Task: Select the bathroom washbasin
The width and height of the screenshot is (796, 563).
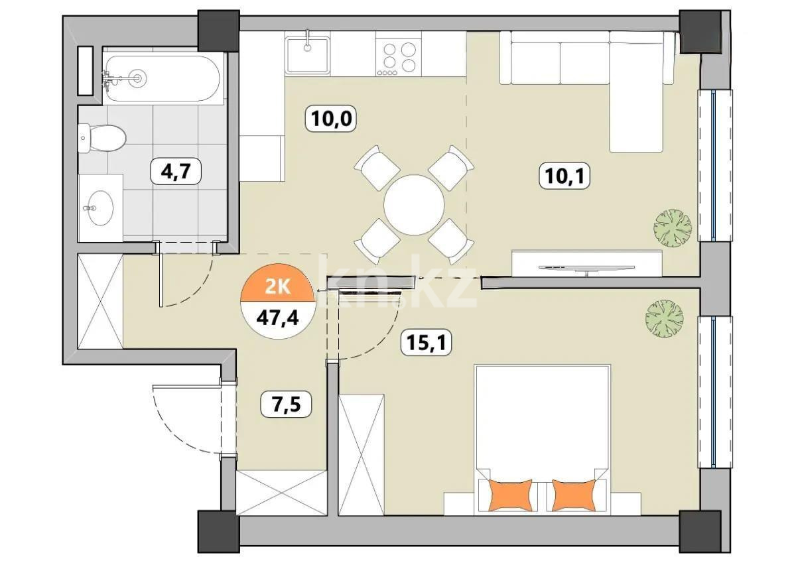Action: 100,207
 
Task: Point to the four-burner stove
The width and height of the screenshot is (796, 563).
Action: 397,56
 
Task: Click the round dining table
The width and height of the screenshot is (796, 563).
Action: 414,204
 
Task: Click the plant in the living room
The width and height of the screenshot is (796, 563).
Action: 673,227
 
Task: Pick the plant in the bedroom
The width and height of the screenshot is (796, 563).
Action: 664,318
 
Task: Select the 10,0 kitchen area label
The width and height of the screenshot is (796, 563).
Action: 331,119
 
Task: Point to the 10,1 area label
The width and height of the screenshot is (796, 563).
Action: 564,176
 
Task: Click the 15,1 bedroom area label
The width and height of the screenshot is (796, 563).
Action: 425,344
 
